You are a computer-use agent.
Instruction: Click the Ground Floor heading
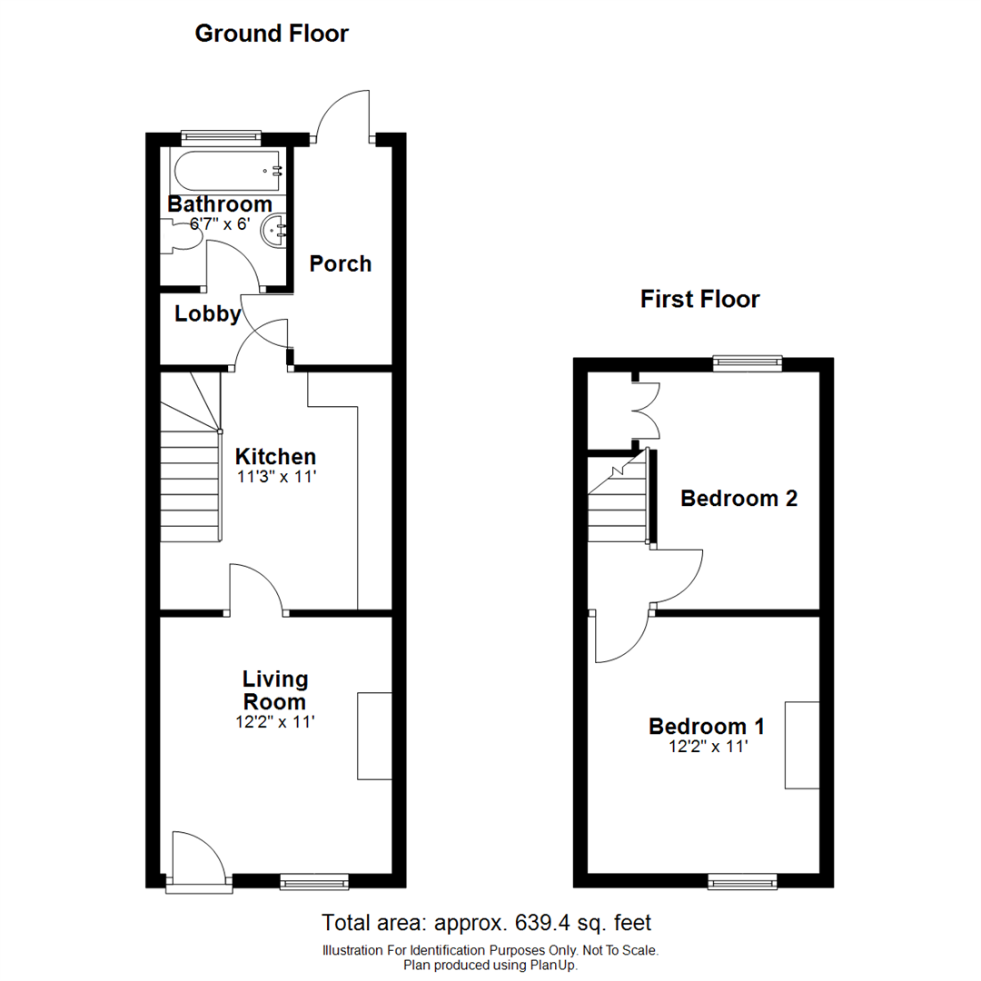pyautogui.click(x=272, y=35)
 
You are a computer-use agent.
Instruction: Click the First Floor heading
pyautogui.click(x=699, y=299)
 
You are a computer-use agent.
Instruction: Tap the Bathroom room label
pyautogui.click(x=220, y=204)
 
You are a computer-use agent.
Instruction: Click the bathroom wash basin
pyautogui.click(x=273, y=232)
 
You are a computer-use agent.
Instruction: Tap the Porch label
pyautogui.click(x=341, y=264)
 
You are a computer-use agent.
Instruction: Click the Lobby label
pyautogui.click(x=208, y=314)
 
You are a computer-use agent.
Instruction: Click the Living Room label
pyautogui.click(x=275, y=690)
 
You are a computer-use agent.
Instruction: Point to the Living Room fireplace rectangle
pyautogui.click(x=374, y=736)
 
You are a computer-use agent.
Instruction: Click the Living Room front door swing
pyautogui.click(x=195, y=858)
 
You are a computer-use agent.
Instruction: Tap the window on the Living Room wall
pyautogui.click(x=313, y=880)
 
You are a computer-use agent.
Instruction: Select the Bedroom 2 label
pyautogui.click(x=739, y=499)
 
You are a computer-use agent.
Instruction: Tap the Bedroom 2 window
pyautogui.click(x=748, y=363)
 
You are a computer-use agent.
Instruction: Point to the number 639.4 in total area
pyautogui.click(x=535, y=923)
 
